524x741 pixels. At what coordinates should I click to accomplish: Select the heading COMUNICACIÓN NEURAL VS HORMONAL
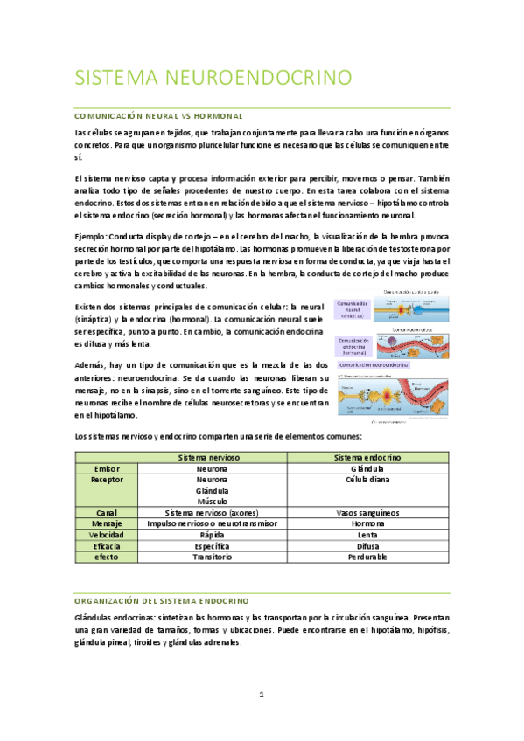click(x=157, y=115)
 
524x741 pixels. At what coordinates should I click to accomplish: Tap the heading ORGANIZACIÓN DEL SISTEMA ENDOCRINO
click(x=162, y=601)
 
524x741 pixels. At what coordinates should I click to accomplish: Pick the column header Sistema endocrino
click(x=367, y=457)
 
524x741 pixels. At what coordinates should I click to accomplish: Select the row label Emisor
click(x=107, y=468)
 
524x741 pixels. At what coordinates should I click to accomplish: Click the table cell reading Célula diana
click(x=367, y=480)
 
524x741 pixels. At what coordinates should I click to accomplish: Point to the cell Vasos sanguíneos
click(x=367, y=512)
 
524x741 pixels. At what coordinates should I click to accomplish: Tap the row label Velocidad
click(x=107, y=534)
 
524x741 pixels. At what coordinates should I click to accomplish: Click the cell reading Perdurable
click(x=367, y=557)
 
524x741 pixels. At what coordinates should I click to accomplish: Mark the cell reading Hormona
click(x=367, y=523)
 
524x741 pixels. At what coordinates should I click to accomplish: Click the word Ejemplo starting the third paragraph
click(x=91, y=237)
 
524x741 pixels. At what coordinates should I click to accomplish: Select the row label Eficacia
click(x=107, y=545)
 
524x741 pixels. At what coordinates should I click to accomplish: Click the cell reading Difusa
click(x=367, y=545)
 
